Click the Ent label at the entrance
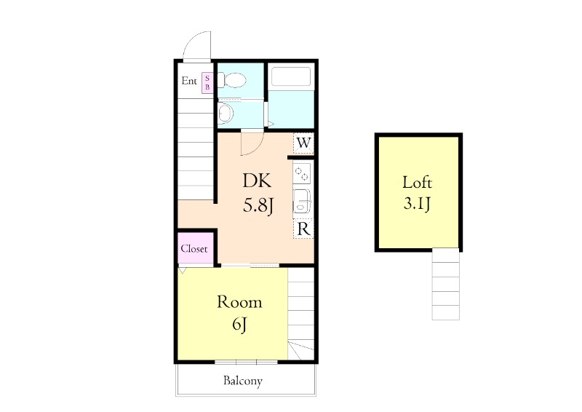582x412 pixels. (189, 81)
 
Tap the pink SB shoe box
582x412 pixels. (207, 82)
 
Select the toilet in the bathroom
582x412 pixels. (231, 80)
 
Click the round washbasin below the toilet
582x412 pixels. (226, 113)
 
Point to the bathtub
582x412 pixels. (291, 76)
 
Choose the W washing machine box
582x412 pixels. (303, 143)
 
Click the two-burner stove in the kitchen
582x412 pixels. (302, 173)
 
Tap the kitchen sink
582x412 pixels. (302, 204)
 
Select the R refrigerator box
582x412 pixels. (303, 229)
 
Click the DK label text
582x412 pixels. (257, 181)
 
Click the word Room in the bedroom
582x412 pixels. (239, 302)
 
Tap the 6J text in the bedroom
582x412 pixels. (240, 325)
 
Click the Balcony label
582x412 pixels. (243, 381)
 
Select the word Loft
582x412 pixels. (417, 182)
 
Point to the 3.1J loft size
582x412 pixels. (417, 204)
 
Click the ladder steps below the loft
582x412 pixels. (446, 284)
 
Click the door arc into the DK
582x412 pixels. (258, 148)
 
